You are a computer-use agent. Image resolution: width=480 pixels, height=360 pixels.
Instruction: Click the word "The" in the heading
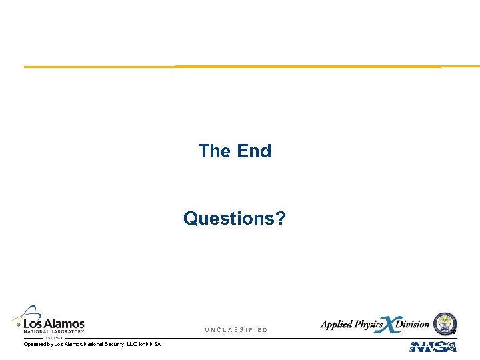214,151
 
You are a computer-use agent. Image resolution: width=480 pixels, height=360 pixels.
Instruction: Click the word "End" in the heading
254,151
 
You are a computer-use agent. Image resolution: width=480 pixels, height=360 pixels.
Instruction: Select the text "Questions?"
235,219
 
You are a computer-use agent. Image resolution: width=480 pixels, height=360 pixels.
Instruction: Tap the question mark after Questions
281,219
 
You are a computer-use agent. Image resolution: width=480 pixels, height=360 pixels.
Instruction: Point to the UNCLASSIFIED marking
236,330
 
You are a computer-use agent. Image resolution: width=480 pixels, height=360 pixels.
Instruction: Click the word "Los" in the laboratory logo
35,323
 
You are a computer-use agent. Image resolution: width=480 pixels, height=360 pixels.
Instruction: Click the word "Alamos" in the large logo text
66,323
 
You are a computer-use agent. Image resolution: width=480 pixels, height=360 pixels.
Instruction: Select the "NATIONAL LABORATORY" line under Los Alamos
54,331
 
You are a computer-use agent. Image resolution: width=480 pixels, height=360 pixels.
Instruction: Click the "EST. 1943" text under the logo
53,337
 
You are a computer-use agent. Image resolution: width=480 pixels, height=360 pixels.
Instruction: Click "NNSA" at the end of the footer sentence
153,344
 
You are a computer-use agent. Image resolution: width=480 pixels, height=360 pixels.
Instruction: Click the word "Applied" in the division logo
335,325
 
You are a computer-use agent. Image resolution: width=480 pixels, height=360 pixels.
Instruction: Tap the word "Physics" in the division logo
367,325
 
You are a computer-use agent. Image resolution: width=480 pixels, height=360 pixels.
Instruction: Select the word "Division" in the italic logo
413,325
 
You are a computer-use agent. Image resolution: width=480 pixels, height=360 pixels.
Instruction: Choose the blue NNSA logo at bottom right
433,347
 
